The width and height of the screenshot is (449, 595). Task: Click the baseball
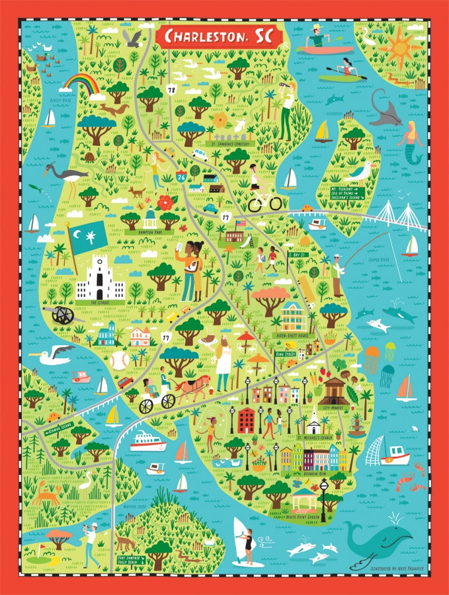[x=119, y=360]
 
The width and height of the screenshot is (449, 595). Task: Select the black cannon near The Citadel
[x=63, y=315]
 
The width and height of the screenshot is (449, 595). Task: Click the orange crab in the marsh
[x=44, y=493]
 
